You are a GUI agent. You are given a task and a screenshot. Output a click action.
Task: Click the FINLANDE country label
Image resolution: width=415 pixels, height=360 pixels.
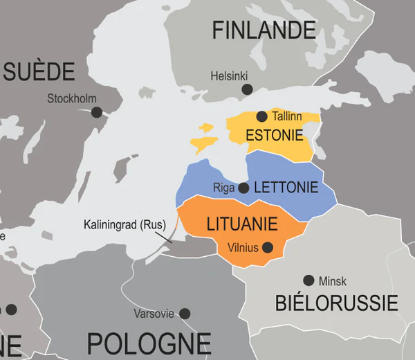pyautogui.click(x=264, y=30)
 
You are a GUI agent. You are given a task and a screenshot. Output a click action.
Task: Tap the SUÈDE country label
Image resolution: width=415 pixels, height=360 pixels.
pyautogui.click(x=39, y=71)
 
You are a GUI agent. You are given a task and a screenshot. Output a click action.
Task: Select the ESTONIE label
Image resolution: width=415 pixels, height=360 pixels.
pyautogui.click(x=275, y=134)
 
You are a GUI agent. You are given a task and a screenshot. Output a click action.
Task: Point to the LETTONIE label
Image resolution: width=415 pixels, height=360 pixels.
pyautogui.click(x=286, y=187)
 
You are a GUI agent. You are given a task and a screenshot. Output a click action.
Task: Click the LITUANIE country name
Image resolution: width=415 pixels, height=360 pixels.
pyautogui.click(x=242, y=224)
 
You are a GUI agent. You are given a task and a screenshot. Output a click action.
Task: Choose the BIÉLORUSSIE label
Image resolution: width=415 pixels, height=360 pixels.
pyautogui.click(x=336, y=303)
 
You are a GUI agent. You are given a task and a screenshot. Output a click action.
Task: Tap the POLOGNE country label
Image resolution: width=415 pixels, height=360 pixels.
pyautogui.click(x=149, y=343)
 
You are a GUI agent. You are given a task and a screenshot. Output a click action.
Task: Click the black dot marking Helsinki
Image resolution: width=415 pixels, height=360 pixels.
pyautogui.click(x=247, y=89)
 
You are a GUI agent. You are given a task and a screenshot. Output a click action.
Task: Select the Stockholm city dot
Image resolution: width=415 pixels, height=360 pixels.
pyautogui.click(x=96, y=112)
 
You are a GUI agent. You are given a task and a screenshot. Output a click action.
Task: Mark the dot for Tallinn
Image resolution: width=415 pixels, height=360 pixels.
pyautogui.click(x=261, y=116)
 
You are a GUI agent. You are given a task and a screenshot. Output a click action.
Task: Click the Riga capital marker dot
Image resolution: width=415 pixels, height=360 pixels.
pyautogui.click(x=243, y=188)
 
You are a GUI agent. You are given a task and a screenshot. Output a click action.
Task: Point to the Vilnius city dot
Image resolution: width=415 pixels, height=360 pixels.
pyautogui.click(x=267, y=247)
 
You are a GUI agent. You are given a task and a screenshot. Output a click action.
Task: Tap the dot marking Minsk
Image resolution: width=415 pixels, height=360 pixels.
pyautogui.click(x=308, y=280)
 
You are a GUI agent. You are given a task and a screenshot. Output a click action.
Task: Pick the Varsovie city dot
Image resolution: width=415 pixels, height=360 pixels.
pyautogui.click(x=185, y=314)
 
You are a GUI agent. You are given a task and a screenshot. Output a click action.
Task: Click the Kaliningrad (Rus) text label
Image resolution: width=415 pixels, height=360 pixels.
pyautogui.click(x=124, y=225)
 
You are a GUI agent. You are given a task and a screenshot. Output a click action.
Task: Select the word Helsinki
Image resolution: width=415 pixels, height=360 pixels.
pyautogui.click(x=229, y=75)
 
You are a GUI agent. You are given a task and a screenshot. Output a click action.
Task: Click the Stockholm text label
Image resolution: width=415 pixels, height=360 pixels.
pyautogui.click(x=71, y=98)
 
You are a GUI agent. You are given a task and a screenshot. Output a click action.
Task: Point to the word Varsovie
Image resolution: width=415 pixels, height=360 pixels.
pyautogui.click(x=154, y=314)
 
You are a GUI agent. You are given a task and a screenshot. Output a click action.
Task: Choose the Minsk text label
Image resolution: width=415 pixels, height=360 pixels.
pyautogui.click(x=333, y=281)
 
